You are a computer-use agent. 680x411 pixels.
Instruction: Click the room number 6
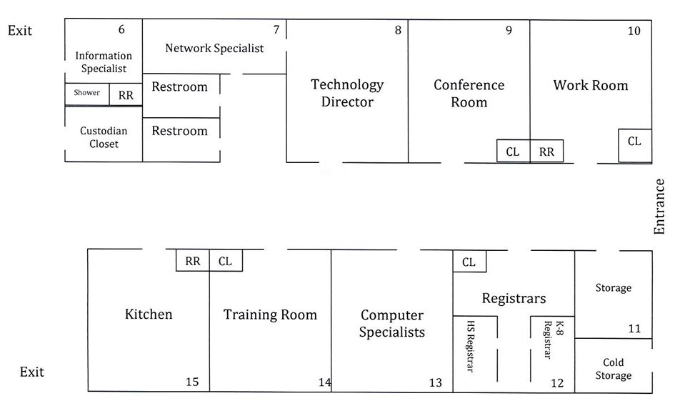click(x=121, y=30)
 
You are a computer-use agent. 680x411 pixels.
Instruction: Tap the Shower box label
click(x=87, y=93)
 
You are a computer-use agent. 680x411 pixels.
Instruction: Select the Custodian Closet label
click(x=104, y=137)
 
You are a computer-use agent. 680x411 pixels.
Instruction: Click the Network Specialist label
click(x=214, y=49)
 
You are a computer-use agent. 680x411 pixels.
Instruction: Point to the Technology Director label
click(x=347, y=93)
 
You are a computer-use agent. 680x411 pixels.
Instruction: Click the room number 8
click(x=398, y=30)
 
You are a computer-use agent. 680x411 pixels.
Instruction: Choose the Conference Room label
click(x=469, y=93)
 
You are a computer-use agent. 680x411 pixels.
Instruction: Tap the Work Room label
click(x=591, y=85)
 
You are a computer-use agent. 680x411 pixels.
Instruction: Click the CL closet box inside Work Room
click(x=634, y=142)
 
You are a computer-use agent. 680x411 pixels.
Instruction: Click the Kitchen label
click(x=149, y=314)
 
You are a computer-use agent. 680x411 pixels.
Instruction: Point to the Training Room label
click(x=270, y=315)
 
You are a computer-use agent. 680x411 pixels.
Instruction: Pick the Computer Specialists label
click(x=392, y=323)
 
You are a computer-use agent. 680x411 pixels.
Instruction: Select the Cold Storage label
click(x=613, y=369)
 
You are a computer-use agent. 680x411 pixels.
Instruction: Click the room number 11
click(x=634, y=329)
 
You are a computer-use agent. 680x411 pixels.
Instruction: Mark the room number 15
click(x=192, y=382)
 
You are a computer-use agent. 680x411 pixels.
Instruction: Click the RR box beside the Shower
click(x=126, y=94)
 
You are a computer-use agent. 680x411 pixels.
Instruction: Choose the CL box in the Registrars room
click(x=469, y=262)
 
